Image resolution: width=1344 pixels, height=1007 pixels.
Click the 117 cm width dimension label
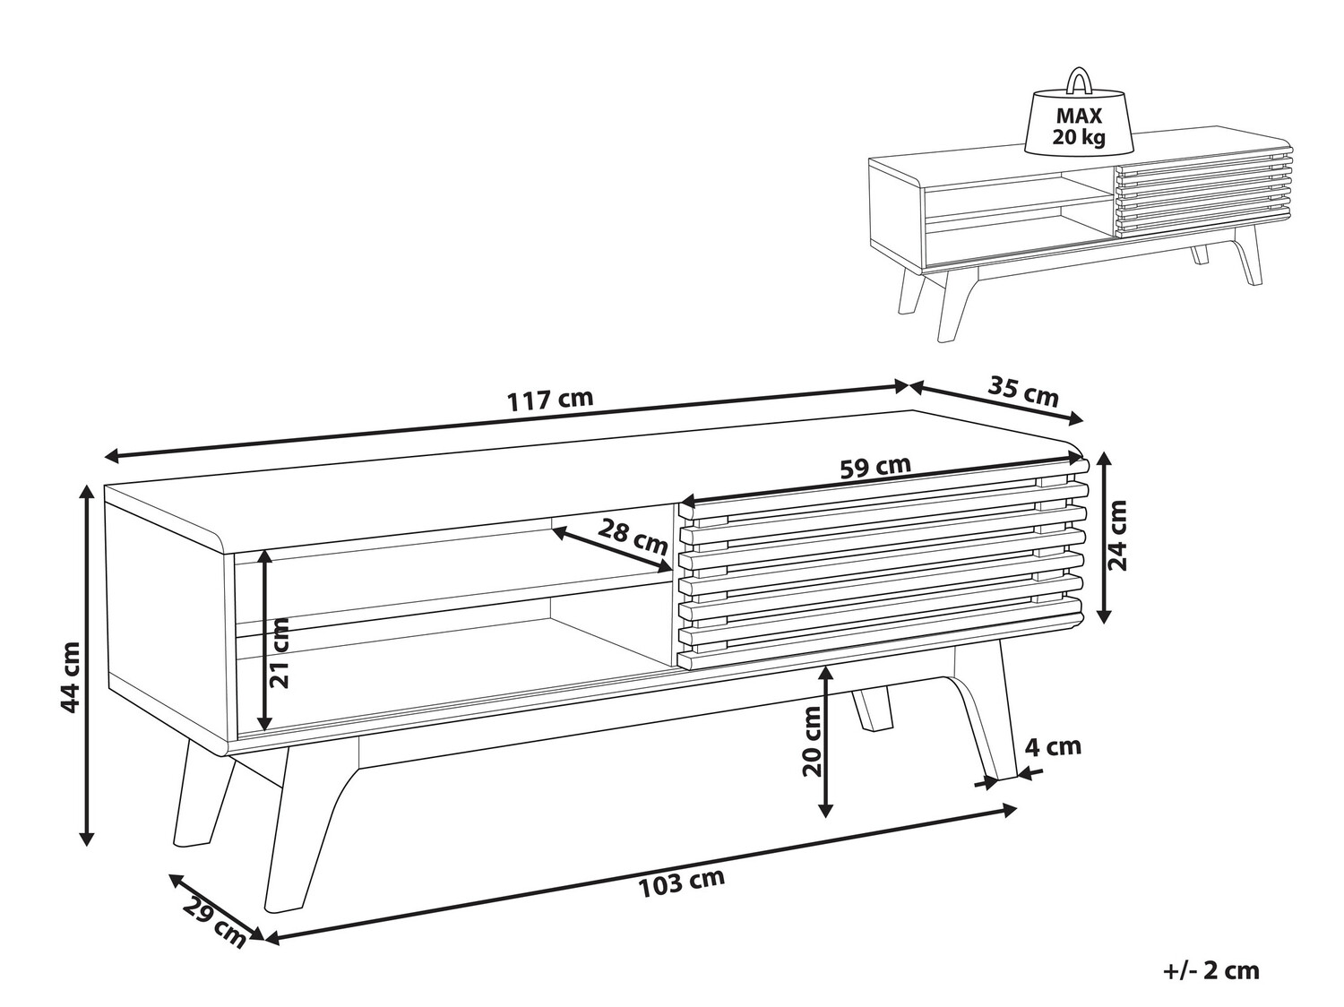pyautogui.click(x=550, y=400)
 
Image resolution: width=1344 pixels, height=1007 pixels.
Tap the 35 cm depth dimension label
pyautogui.click(x=1023, y=392)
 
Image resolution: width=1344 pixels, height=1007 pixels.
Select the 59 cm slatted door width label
pyautogui.click(x=875, y=467)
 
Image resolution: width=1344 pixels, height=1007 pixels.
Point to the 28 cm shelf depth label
pyautogui.click(x=633, y=537)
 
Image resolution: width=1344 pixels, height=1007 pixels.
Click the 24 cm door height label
pyautogui.click(x=1117, y=535)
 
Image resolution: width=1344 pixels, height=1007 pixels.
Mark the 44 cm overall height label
pyautogui.click(x=71, y=677)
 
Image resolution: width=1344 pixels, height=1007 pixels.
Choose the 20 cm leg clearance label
pyautogui.click(x=812, y=741)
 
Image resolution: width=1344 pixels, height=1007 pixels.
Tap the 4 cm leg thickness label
pyautogui.click(x=1053, y=746)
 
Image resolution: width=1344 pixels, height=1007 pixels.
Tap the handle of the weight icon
pyautogui.click(x=1079, y=82)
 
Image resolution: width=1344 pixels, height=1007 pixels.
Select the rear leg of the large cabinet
pyautogui.click(x=872, y=710)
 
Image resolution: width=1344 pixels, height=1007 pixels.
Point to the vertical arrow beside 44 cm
pyautogui.click(x=88, y=665)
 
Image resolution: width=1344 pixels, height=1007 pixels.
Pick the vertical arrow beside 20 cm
pyautogui.click(x=827, y=741)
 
